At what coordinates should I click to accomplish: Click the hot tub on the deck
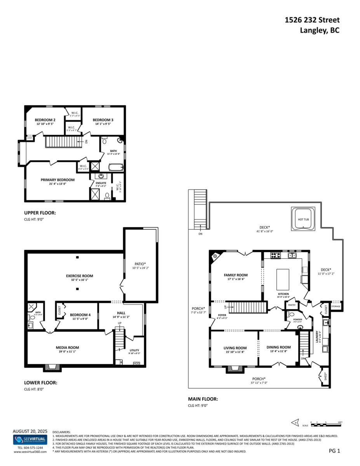click(x=303, y=219)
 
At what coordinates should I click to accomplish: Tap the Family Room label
click(x=236, y=275)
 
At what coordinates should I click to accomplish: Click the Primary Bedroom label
click(x=57, y=180)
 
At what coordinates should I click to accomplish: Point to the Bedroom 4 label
click(x=80, y=315)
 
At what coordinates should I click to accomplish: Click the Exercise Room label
click(x=79, y=276)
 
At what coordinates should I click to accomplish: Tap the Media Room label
click(x=68, y=348)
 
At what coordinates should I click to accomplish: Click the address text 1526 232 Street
click(x=312, y=20)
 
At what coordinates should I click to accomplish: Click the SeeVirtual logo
click(x=30, y=440)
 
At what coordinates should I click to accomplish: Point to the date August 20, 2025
click(x=30, y=431)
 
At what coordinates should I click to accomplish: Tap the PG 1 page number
click(x=334, y=451)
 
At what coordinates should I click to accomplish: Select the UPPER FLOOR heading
click(x=40, y=213)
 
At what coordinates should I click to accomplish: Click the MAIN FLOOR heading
click(x=203, y=399)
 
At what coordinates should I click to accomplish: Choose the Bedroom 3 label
click(x=103, y=120)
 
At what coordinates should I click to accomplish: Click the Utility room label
click(x=134, y=350)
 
